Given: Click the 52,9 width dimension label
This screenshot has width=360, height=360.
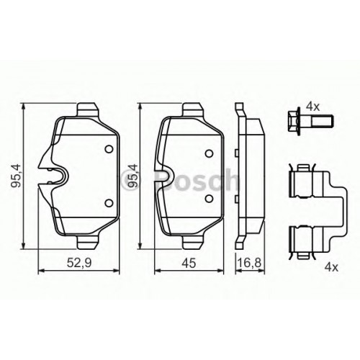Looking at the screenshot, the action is click(79, 263).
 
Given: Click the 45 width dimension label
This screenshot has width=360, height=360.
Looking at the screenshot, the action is click(189, 263).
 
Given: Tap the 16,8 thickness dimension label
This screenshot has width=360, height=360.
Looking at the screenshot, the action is click(250, 263).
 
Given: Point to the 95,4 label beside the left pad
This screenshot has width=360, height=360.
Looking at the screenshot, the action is click(17, 176).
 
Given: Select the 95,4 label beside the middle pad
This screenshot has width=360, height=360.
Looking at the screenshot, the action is click(133, 176).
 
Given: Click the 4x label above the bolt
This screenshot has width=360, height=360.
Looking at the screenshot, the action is click(313, 107).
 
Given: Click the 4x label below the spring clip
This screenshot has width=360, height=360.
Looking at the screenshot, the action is click(331, 267).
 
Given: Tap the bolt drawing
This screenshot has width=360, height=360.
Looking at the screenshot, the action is click(312, 122).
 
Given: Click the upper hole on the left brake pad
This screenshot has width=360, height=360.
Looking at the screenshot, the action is click(109, 149).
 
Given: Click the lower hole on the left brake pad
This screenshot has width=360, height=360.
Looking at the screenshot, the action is click(109, 203).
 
